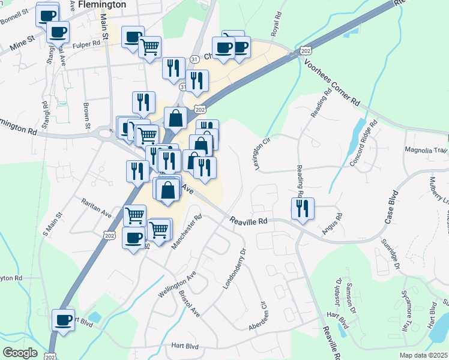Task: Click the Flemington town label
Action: [x=103, y=4]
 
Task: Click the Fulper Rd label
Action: [x=88, y=44]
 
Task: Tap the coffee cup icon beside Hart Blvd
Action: [x=62, y=319]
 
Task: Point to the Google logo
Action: [x=19, y=353]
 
